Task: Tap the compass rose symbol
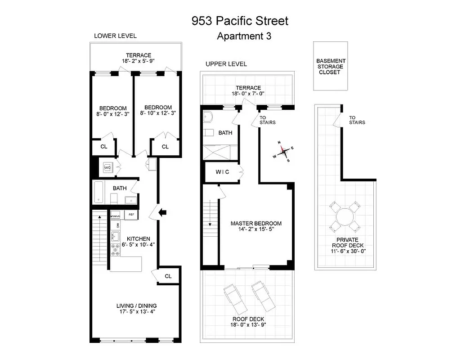tap(283, 152)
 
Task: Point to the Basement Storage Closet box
tap(331, 66)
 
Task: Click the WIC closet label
tap(222, 171)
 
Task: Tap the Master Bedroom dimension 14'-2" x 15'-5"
tap(256, 229)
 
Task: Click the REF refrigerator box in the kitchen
tap(131, 215)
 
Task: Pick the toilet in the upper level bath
tap(208, 117)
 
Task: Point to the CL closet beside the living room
tap(168, 276)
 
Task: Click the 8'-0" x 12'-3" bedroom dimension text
tap(113, 114)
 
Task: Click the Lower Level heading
tap(115, 36)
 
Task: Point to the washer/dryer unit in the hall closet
tap(108, 167)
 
